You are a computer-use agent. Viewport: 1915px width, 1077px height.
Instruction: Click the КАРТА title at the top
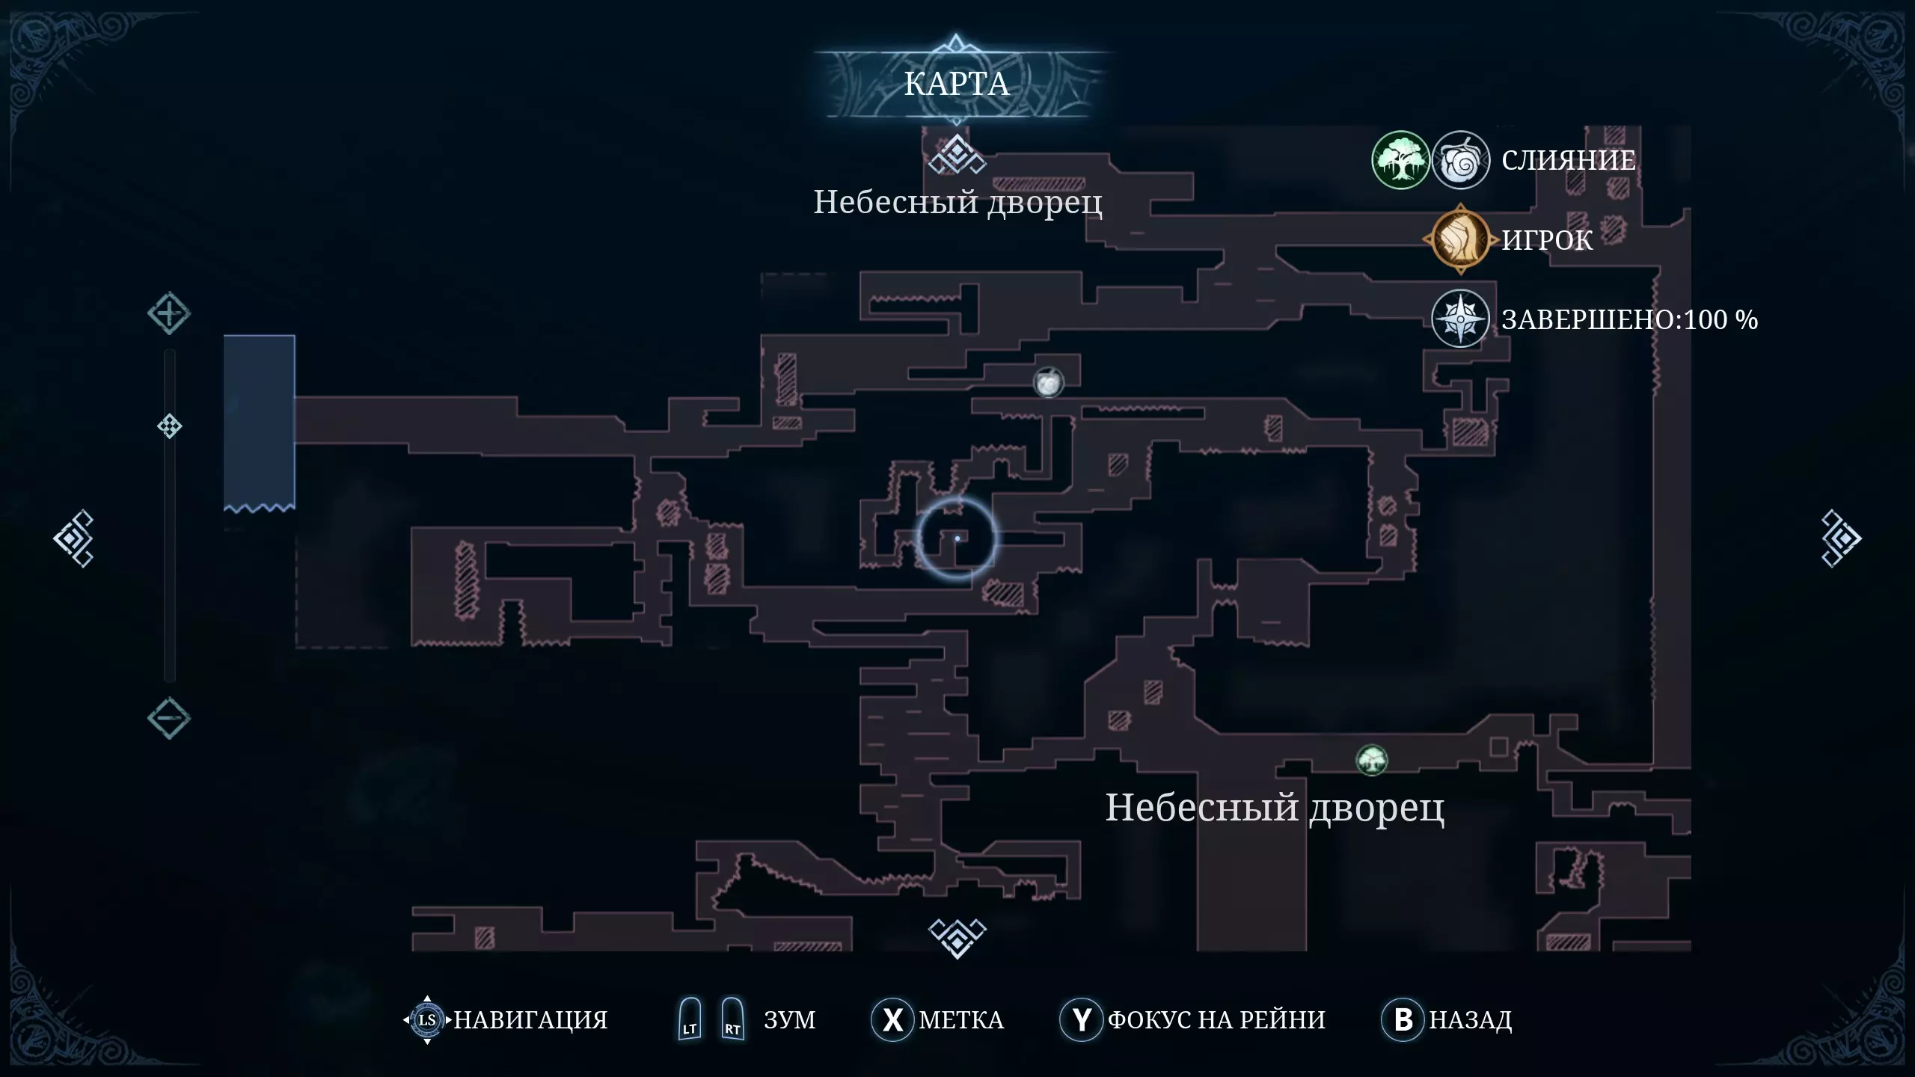956,84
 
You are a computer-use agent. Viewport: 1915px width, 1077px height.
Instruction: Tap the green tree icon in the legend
1400,160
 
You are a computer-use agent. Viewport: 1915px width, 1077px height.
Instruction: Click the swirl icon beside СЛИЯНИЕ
1460,160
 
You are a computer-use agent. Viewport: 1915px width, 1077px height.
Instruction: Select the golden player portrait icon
1459,239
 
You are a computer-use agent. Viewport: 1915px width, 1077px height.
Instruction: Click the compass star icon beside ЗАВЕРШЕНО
1459,319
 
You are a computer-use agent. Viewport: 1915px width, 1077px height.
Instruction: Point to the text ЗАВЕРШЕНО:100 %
1629,320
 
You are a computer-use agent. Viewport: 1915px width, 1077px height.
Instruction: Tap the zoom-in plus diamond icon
168,313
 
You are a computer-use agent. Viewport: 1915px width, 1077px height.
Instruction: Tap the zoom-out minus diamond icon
168,718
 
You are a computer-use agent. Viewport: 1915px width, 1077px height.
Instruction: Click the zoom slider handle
169,426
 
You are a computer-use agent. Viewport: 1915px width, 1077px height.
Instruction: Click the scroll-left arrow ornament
73,538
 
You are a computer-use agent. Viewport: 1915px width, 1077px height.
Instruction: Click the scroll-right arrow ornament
1840,538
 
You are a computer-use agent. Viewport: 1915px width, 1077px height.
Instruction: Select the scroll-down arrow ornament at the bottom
957,937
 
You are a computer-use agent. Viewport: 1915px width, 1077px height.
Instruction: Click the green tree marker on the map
1371,761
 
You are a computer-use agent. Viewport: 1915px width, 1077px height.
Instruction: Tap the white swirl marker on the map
1048,383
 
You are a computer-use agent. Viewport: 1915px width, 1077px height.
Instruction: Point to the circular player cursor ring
957,538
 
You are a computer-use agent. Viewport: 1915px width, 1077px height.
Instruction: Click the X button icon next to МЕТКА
892,1019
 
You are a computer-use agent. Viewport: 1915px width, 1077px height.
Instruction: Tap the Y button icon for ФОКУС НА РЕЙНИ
1081,1019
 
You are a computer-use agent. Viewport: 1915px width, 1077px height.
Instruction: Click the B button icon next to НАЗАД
1403,1019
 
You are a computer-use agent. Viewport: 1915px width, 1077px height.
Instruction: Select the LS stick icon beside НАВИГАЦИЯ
427,1019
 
